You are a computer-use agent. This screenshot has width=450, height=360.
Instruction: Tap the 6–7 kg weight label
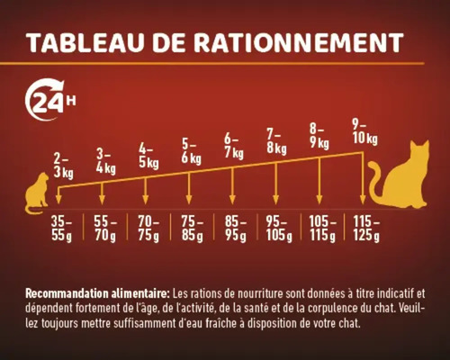(x=234, y=145)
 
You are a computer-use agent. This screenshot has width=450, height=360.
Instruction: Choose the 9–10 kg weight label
(x=364, y=130)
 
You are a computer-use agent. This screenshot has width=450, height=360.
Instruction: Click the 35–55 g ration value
(x=61, y=229)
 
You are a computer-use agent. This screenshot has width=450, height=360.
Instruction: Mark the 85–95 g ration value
(x=234, y=229)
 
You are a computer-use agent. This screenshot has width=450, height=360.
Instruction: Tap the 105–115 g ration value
(x=320, y=229)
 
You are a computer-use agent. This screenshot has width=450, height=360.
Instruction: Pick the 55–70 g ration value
(x=103, y=229)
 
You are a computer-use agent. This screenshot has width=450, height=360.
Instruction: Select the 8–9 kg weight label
(x=320, y=135)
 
